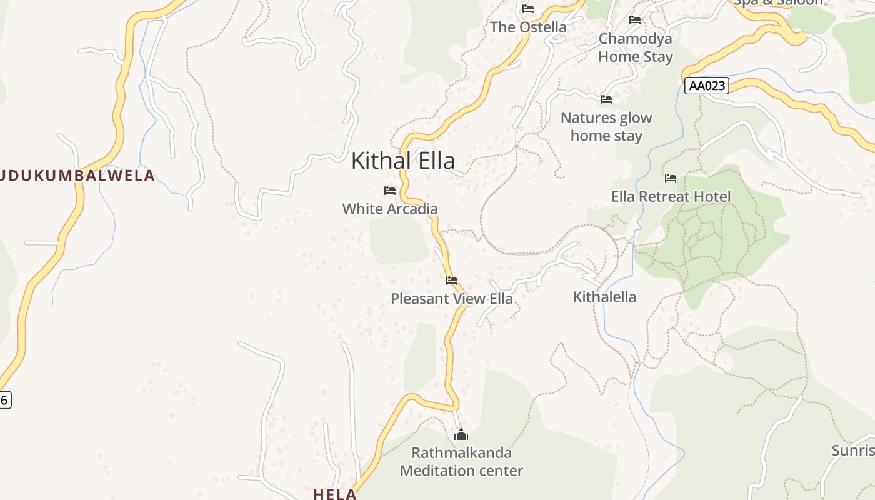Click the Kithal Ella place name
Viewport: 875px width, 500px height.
403,161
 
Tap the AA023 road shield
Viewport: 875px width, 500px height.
707,86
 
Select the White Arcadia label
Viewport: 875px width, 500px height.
390,209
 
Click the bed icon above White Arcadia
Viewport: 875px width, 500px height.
390,191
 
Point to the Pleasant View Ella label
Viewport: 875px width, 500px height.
452,299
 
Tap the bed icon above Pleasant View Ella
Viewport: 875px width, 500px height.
452,281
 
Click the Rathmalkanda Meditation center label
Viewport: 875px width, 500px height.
461,462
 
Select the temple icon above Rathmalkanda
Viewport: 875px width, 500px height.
461,434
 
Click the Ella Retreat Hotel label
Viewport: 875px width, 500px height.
671,197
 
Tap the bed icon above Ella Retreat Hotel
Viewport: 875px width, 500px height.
671,178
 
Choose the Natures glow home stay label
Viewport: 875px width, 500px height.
606,126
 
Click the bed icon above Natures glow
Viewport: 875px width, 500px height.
606,99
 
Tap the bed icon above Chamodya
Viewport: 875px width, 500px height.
635,20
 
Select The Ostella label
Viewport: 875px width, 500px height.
528,27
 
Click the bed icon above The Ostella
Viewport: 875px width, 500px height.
528,9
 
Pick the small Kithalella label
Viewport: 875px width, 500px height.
604,297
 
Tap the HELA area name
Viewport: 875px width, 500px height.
335,494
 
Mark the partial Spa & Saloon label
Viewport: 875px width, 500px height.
778,2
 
